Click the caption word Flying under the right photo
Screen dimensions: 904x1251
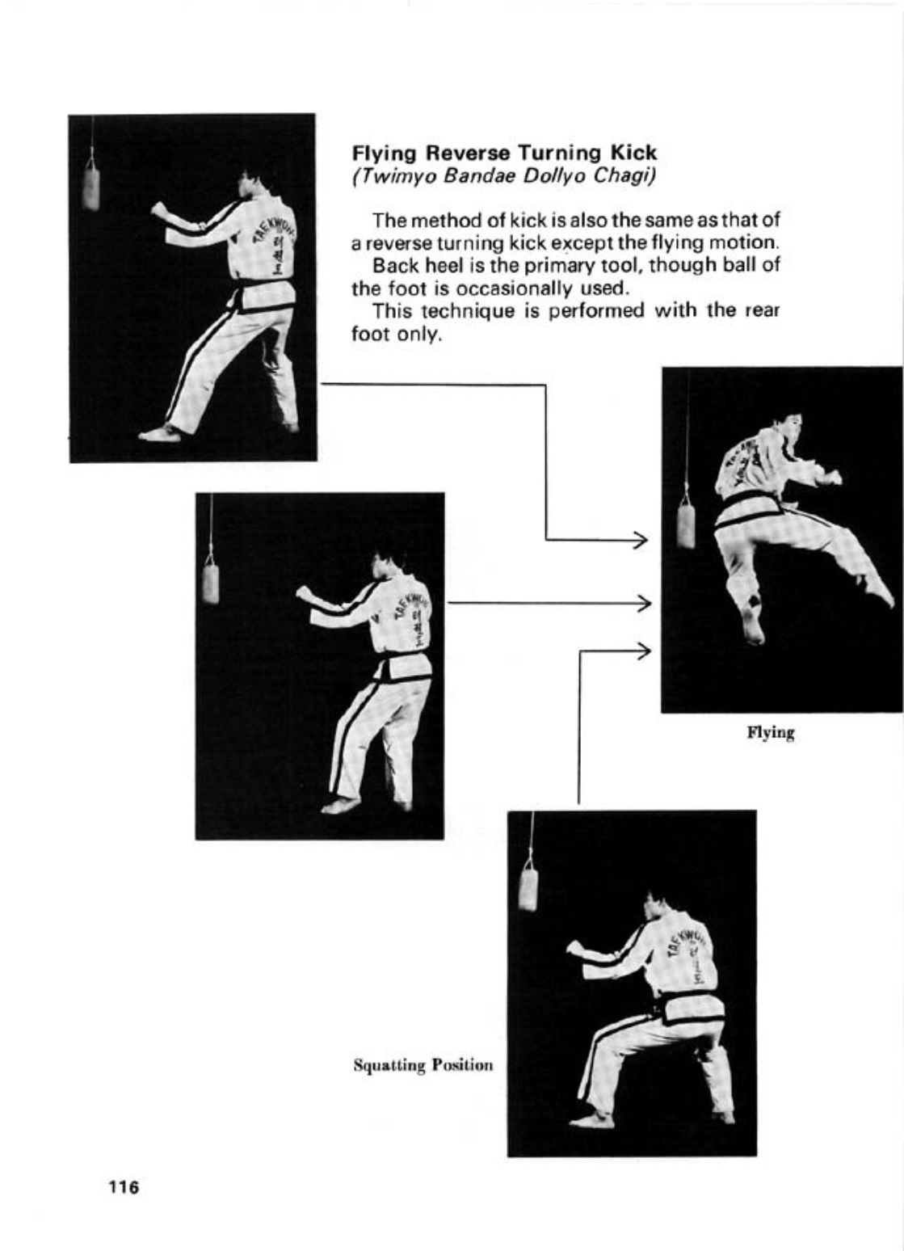point(771,733)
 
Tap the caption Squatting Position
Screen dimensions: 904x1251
point(423,1065)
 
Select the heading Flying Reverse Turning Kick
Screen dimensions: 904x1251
point(504,153)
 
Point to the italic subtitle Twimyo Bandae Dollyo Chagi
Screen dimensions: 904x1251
point(503,176)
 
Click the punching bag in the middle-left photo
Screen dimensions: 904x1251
point(210,582)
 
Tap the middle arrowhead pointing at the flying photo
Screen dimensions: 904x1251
point(644,603)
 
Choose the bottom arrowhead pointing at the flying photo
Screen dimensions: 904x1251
point(644,650)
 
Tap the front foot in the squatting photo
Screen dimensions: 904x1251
point(590,1120)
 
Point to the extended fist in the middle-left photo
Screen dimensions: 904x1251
point(305,593)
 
